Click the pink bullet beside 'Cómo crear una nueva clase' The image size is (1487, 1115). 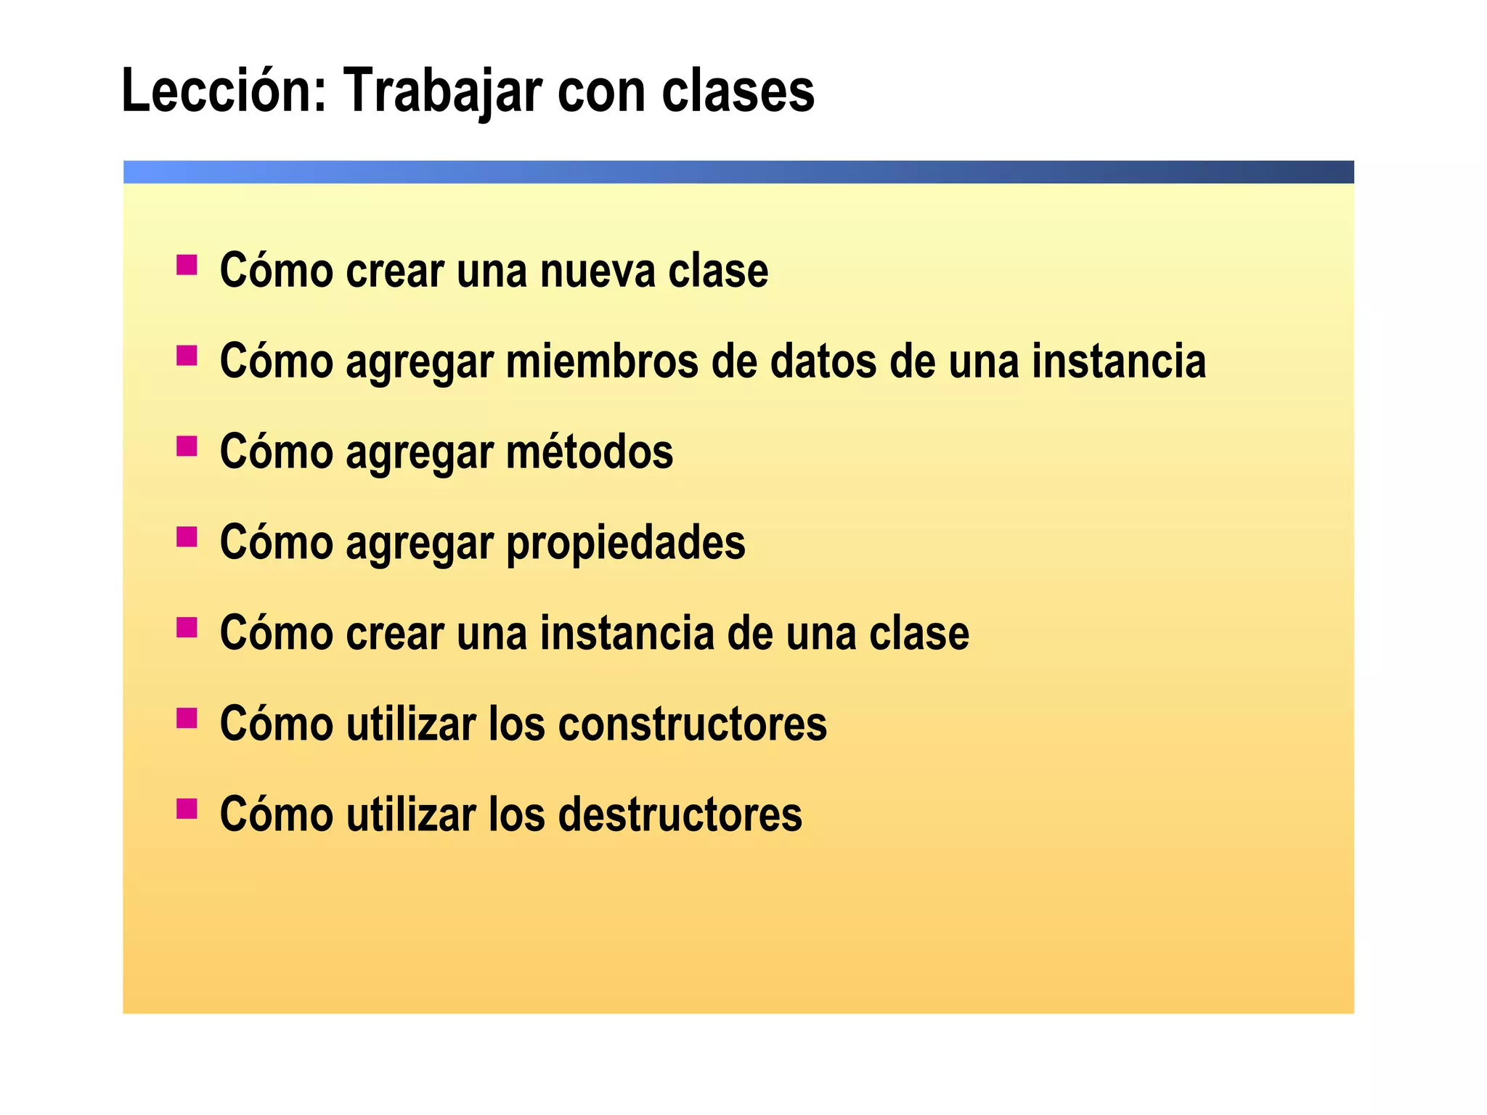click(x=187, y=264)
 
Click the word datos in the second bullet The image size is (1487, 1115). click(x=823, y=362)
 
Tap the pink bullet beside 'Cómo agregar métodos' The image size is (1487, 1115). click(x=187, y=446)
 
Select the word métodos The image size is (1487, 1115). click(x=590, y=452)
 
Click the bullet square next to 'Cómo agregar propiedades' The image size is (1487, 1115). click(x=187, y=536)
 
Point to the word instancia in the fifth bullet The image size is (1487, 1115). click(x=627, y=633)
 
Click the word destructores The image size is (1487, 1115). click(x=680, y=814)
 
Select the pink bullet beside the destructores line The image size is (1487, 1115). click(x=187, y=808)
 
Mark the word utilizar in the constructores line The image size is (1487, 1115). click(x=410, y=724)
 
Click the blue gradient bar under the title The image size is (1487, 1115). click(x=738, y=172)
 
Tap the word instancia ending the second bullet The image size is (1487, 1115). click(x=1119, y=362)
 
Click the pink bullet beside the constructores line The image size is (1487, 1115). click(x=187, y=717)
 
